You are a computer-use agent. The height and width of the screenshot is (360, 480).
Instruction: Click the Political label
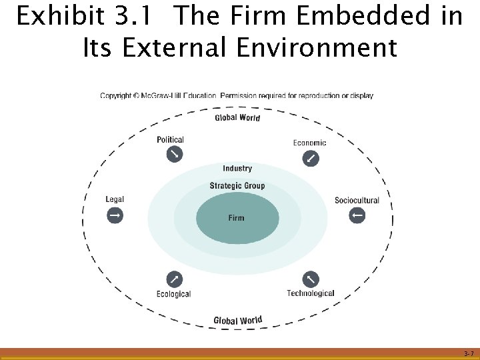170,140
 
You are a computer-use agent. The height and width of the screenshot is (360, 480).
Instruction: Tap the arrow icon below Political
174,154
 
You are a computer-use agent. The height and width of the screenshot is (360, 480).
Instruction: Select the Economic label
309,143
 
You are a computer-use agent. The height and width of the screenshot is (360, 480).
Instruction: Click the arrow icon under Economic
311,159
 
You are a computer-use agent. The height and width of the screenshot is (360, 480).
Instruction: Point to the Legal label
115,199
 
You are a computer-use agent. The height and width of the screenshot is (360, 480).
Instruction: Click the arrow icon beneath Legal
115,215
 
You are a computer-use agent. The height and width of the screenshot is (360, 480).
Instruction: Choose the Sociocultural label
357,200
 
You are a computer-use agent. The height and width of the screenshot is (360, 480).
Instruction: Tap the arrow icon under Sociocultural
357,215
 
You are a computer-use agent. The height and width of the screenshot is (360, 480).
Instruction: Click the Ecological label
173,294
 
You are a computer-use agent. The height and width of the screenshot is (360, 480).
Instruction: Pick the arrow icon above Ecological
173,279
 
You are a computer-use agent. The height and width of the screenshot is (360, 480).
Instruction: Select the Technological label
311,293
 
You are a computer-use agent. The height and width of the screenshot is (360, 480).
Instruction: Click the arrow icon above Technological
311,279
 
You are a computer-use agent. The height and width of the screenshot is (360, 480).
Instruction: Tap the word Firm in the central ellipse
237,218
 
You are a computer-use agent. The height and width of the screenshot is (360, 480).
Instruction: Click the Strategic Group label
237,186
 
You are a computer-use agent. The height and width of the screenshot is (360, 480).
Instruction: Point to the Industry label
237,169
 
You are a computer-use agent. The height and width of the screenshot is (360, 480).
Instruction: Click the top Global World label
237,118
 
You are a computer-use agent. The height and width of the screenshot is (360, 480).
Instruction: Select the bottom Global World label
237,321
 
